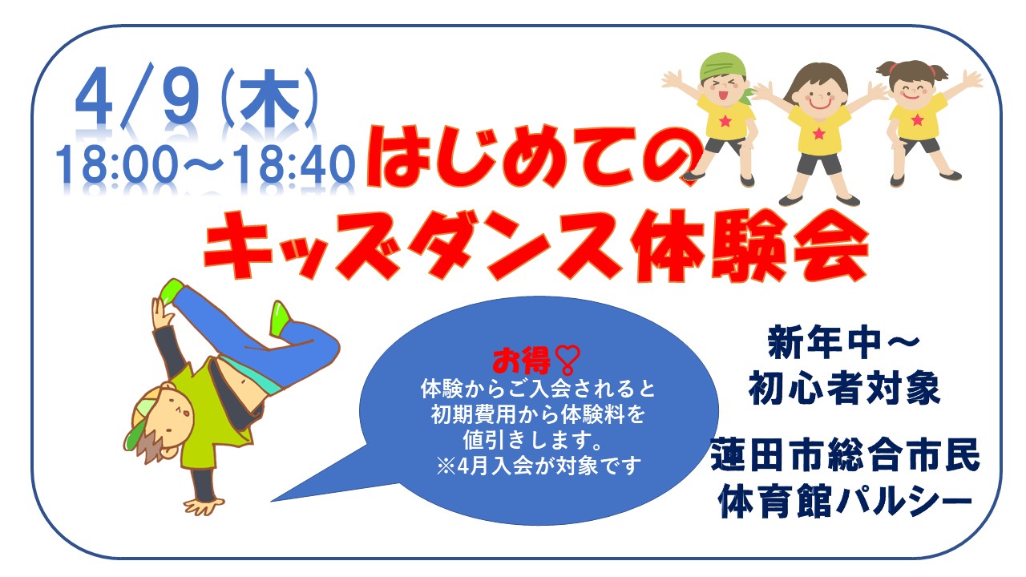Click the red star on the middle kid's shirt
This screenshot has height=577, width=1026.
point(818,134)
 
